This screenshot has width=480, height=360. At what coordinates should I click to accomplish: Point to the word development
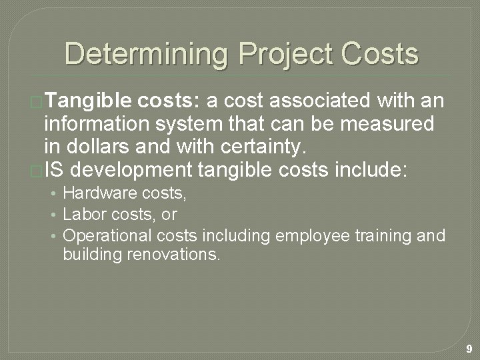tap(131, 171)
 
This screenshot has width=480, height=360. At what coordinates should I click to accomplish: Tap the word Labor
tap(80, 214)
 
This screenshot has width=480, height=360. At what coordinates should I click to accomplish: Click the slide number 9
tap(469, 349)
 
